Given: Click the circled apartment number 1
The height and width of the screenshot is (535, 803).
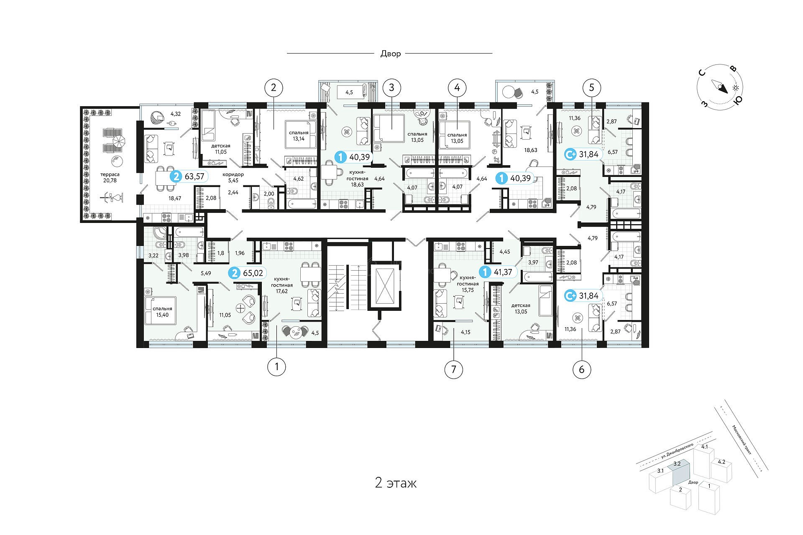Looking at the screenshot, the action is point(276,367).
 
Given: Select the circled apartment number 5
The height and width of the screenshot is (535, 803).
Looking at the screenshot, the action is point(591,87).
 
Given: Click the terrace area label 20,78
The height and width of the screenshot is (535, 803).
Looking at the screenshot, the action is point(110,180).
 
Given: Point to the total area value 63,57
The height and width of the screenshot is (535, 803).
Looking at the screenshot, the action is point(194,176).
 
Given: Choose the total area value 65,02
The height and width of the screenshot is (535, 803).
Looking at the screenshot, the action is point(253,273).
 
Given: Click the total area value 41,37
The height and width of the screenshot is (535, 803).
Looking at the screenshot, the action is point(503,272).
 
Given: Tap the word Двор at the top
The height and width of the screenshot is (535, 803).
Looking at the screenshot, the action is point(391,54).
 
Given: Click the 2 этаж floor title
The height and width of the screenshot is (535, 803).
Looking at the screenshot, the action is point(396,483).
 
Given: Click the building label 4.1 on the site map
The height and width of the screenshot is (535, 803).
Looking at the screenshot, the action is point(705,447).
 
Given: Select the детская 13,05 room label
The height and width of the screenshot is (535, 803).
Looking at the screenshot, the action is point(521,309).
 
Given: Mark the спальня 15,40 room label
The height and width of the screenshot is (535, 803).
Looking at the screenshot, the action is point(162,312).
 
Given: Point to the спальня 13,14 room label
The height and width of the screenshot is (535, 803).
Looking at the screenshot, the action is point(299,136).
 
